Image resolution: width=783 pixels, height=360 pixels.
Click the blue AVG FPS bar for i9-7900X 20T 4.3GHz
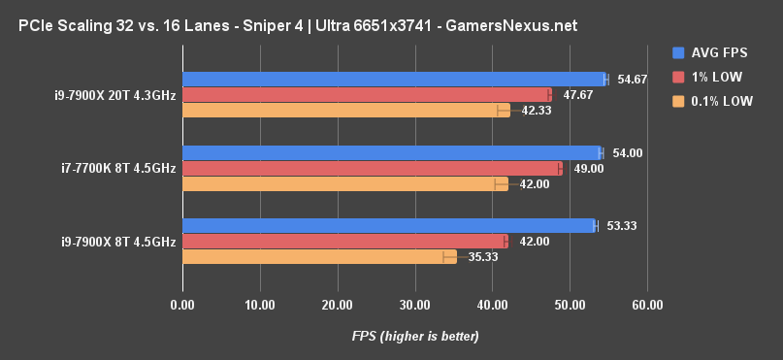click(x=393, y=80)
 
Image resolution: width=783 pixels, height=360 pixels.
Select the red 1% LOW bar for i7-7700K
click(x=372, y=168)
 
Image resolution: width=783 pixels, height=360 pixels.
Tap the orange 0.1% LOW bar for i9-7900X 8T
click(x=318, y=256)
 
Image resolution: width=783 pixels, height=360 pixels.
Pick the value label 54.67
click(x=634, y=80)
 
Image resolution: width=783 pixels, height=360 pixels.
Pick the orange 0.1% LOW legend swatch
click(x=677, y=100)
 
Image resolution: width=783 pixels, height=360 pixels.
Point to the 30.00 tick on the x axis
click(x=414, y=305)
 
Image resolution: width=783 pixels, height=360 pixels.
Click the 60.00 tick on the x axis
click(x=647, y=305)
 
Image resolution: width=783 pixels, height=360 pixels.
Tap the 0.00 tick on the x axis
click(x=182, y=305)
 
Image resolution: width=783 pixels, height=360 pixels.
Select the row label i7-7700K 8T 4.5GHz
click(x=117, y=169)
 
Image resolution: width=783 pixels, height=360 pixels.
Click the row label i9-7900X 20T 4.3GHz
click(x=114, y=95)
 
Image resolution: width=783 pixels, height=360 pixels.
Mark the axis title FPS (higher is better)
click(x=414, y=336)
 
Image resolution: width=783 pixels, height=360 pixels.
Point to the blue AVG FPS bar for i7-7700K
click(x=391, y=152)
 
